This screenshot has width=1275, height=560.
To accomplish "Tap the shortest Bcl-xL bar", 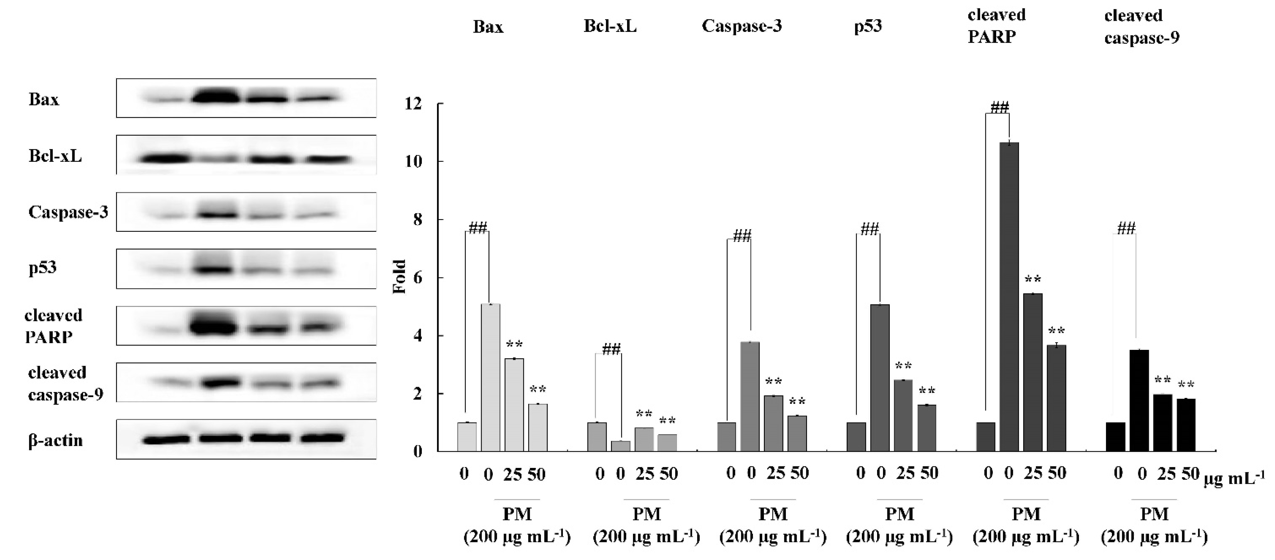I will tap(621, 446).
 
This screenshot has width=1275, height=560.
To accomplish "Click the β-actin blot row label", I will tap(56, 440).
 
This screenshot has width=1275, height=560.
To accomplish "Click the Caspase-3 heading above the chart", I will tap(742, 26).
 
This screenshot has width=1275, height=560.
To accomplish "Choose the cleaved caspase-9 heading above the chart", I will tap(1141, 26).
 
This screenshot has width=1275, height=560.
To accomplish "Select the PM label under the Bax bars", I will tap(517, 514).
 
